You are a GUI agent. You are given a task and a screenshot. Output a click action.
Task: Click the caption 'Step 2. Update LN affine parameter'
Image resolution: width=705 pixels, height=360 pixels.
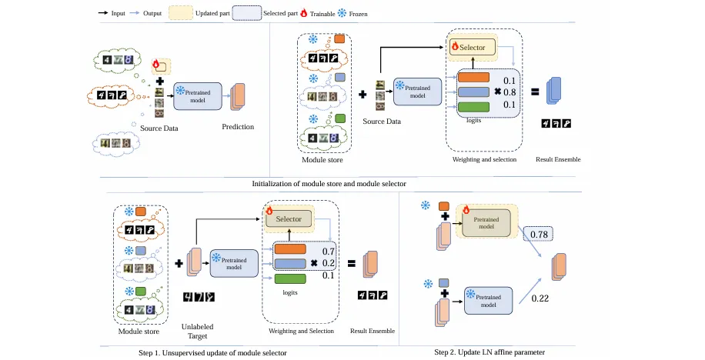pyautogui.click(x=489, y=352)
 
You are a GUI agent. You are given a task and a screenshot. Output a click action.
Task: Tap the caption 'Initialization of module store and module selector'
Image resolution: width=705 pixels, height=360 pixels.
pyautogui.click(x=329, y=184)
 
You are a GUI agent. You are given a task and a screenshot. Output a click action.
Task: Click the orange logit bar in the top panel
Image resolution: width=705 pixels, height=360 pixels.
pyautogui.click(x=473, y=78)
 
